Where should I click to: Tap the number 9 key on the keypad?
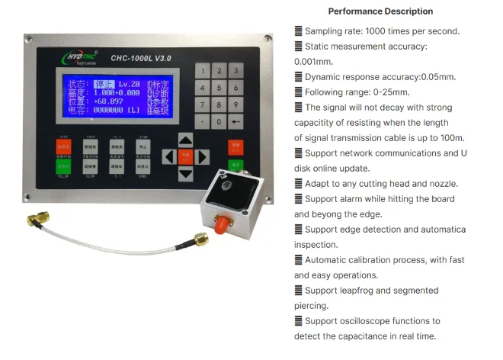(236, 104)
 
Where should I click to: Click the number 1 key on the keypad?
(201, 70)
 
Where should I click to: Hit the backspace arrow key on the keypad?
(236, 121)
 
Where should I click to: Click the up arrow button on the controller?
(185, 140)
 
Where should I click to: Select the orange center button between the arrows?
(185, 156)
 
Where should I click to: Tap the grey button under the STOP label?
(141, 147)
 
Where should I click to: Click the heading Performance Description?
(380, 11)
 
